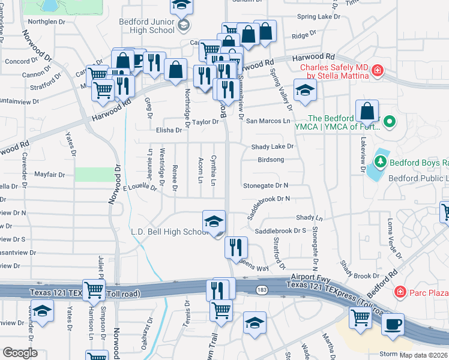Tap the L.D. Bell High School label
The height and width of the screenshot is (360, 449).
pos(169,232)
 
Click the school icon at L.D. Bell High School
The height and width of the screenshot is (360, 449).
pos(214,222)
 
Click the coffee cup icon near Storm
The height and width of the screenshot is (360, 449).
pos(393,324)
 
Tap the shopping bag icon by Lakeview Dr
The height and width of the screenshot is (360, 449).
pos(367,111)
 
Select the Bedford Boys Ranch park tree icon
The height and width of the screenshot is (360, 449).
pos(379,162)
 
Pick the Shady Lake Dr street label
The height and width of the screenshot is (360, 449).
pos(273,146)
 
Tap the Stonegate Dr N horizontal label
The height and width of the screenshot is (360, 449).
pos(265,186)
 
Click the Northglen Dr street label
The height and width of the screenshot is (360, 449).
pos(46,22)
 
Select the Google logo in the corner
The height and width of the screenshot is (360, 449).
pos(20,352)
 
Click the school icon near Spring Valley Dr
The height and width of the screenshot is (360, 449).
pos(305,91)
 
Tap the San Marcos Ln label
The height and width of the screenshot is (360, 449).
pos(268,121)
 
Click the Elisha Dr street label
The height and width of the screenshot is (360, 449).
pos(169,130)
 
